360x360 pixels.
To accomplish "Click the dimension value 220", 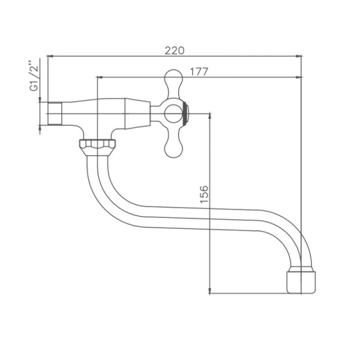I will [174, 50].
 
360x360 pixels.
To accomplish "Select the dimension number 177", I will [199, 71].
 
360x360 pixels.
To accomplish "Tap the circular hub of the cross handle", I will [174, 113].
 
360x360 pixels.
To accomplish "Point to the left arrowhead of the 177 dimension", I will [99, 77].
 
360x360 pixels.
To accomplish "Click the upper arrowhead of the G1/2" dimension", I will [40, 99].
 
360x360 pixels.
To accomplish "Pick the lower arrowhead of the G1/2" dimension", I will [40, 127].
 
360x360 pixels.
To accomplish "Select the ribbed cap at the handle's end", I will [188, 113].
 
